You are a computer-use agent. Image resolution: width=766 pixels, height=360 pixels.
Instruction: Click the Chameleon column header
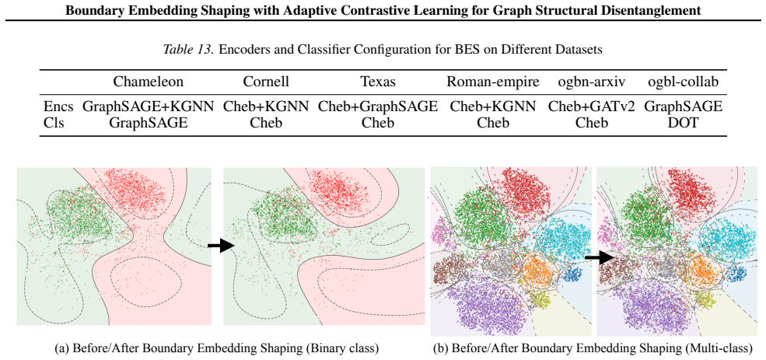coord(149,82)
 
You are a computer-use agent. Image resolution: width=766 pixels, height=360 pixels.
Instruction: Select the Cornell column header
coord(266,82)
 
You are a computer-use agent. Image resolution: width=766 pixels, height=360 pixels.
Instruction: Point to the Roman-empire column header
coord(493,82)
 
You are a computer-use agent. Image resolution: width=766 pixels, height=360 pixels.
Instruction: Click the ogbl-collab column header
coord(684,82)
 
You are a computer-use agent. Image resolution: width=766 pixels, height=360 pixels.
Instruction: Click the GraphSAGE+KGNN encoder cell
coord(149,107)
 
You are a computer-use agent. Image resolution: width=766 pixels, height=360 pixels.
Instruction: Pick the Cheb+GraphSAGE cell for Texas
coord(377,107)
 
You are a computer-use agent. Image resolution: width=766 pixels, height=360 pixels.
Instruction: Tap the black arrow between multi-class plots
coord(598,256)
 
